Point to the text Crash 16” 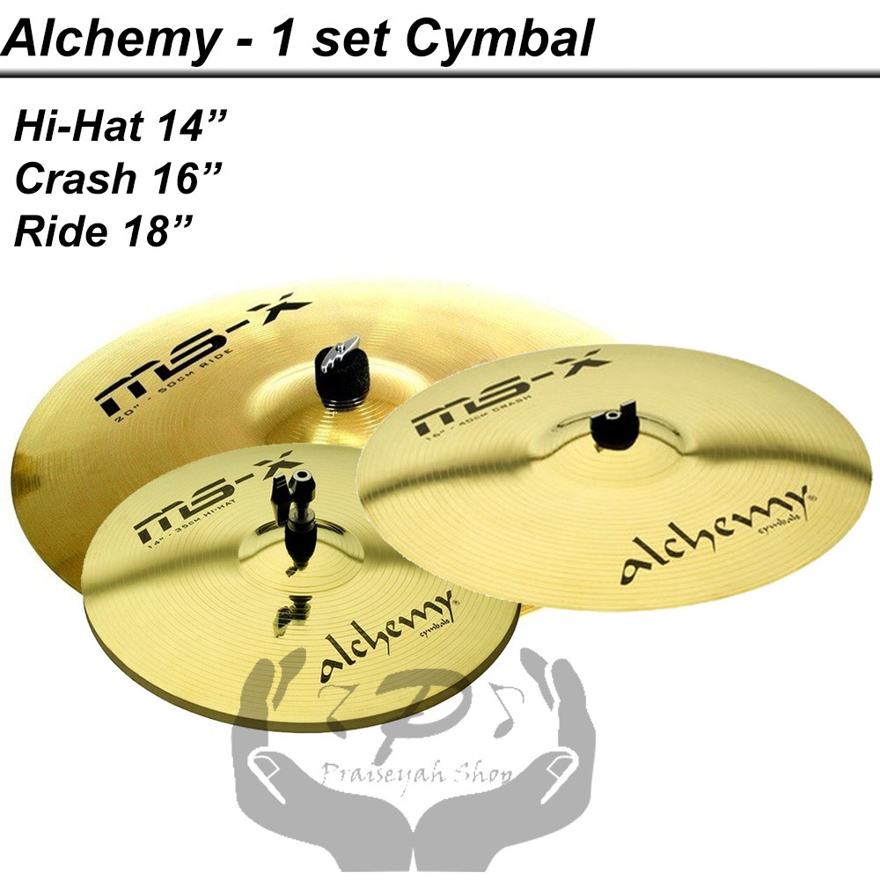point(114,180)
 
